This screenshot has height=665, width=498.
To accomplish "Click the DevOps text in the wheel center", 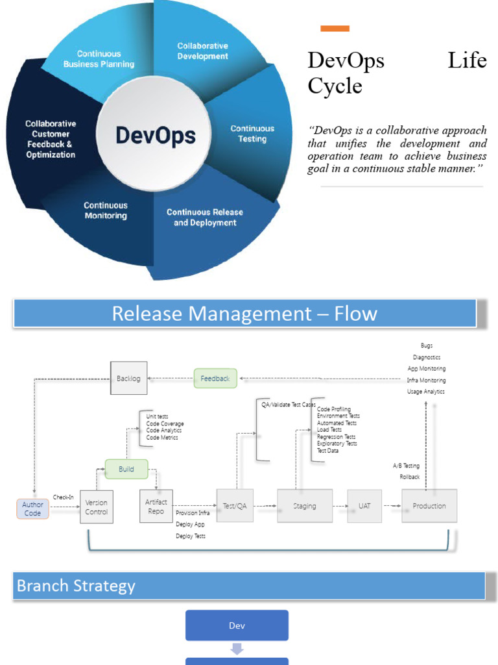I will tap(155, 136).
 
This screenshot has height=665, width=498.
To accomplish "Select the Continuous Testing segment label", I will tap(252, 134).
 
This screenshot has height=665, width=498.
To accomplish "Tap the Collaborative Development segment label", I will tap(203, 51).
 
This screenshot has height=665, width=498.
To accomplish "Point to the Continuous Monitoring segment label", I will tap(106, 210).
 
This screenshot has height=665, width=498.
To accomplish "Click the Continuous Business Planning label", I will tap(99, 59).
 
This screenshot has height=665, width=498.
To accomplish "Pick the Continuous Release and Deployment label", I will tap(205, 218).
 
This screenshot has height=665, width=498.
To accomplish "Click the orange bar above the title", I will tap(335, 29).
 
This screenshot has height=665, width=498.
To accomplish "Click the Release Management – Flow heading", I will tap(244, 314).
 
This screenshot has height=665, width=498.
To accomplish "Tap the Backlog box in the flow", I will tap(128, 378).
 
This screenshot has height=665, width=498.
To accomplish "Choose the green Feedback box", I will tap(215, 378).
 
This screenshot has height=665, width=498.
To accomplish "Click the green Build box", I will tap(126, 468).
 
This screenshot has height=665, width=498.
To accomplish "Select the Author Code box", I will tap(32, 508).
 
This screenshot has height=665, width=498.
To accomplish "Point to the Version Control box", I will tap(97, 507).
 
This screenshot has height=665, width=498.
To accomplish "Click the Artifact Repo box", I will tap(156, 506).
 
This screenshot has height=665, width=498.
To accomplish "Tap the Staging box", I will tap(305, 506).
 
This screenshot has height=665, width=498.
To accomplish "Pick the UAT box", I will tap(364, 506).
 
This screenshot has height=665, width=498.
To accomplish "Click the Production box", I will tap(429, 506).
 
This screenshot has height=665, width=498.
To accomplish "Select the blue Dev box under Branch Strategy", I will tap(237, 625).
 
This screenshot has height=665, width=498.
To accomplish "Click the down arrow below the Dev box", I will tap(237, 648).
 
